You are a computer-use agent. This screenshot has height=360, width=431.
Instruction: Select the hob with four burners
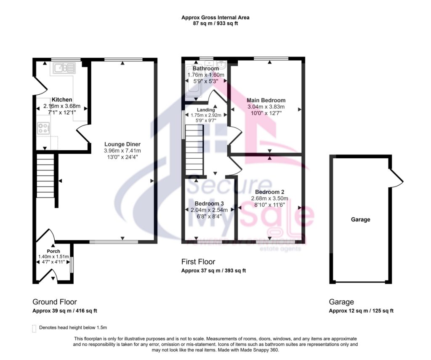pyautogui.click(x=43, y=128)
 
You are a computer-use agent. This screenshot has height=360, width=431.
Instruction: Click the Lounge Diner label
pyautogui.click(x=122, y=144)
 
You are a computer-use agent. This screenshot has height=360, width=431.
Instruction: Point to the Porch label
pyautogui.click(x=53, y=251)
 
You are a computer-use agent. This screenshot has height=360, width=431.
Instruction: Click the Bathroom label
pyautogui.click(x=205, y=69)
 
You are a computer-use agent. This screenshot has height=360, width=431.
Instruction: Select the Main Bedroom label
pyautogui.click(x=266, y=100)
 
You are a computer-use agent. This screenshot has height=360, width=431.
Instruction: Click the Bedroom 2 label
pyautogui.click(x=269, y=192)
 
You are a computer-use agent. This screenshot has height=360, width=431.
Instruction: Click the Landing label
pyautogui.click(x=206, y=110)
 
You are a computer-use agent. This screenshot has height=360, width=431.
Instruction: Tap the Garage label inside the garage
pyautogui.click(x=361, y=219)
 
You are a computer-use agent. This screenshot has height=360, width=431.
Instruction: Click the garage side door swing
pyautogui.click(x=397, y=177)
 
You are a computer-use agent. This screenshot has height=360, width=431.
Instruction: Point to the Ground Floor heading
pyautogui.click(x=55, y=302)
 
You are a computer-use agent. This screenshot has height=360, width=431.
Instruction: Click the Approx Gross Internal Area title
pyautogui.click(x=215, y=18)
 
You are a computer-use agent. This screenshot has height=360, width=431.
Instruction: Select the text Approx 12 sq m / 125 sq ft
pyautogui.click(x=361, y=311)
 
